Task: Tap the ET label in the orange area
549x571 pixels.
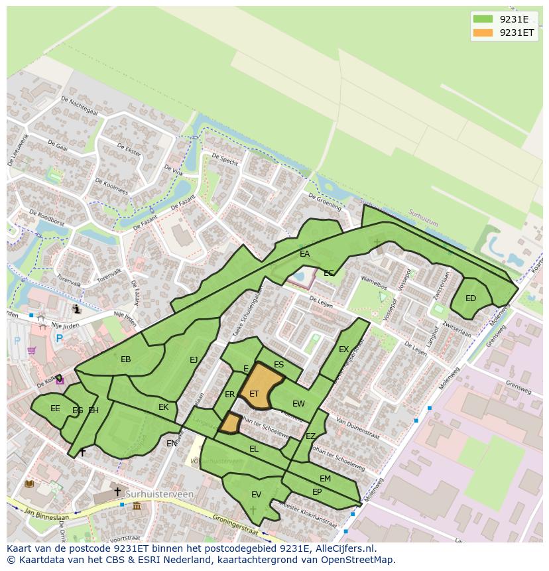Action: tap(254, 394)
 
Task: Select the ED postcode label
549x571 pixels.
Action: tap(471, 298)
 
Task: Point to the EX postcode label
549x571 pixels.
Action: tap(343, 349)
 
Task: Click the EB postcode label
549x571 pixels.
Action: tap(126, 359)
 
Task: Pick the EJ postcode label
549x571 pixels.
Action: tap(194, 360)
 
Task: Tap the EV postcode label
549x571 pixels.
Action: tap(256, 495)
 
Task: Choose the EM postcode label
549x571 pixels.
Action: tap(325, 479)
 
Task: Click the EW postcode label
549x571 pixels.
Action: tap(298, 404)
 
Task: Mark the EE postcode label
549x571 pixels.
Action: tap(55, 409)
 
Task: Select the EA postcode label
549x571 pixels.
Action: tap(304, 254)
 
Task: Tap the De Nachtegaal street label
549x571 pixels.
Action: tap(79, 105)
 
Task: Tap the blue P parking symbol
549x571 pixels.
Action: tap(59, 338)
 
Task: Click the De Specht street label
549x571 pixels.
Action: tap(225, 160)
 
